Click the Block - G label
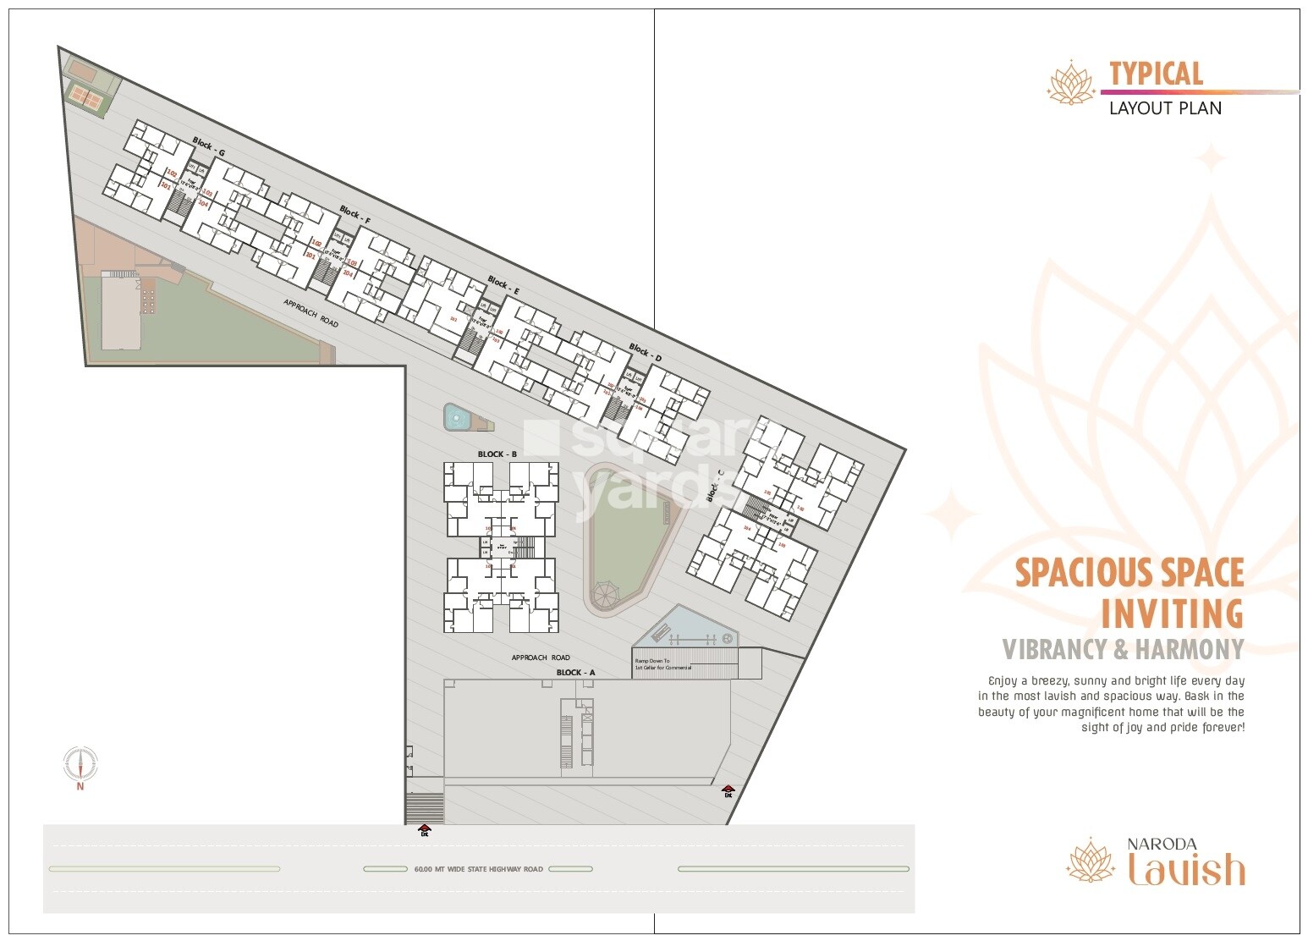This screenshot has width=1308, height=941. [208, 145]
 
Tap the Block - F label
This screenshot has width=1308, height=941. [355, 214]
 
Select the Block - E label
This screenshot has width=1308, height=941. [503, 283]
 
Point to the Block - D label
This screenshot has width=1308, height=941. [645, 351]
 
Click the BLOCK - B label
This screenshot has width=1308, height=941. [497, 454]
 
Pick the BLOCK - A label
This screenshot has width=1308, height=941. [575, 673]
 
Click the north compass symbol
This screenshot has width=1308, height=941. [80, 763]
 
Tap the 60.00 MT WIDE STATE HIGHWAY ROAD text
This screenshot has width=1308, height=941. [478, 869]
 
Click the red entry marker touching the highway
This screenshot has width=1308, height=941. [425, 829]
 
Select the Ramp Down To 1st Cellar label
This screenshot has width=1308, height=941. [663, 664]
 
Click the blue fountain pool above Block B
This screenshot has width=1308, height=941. [457, 417]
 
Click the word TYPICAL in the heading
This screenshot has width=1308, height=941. [1156, 74]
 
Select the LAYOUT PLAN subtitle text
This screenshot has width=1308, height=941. [1165, 108]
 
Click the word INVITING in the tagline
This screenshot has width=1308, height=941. [1172, 613]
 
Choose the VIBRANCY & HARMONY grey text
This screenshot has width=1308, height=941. [1123, 650]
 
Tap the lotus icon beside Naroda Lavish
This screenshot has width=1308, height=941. [1091, 861]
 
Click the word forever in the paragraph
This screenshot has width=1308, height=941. [1223, 728]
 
